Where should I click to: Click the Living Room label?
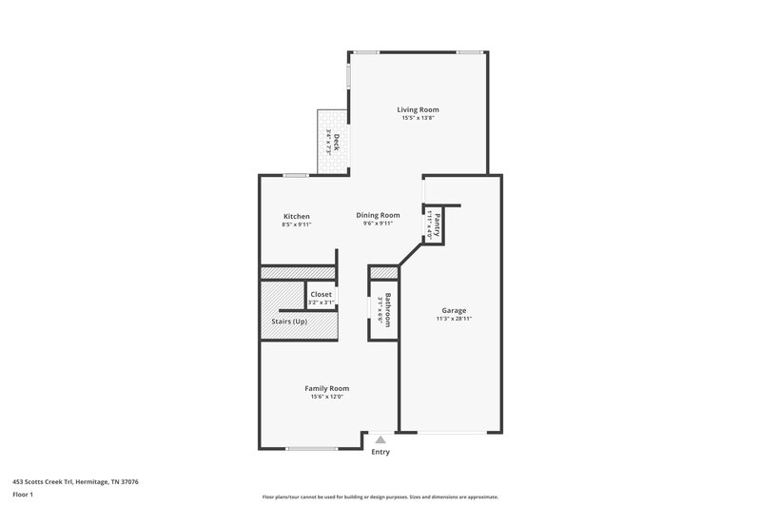pos(418,109)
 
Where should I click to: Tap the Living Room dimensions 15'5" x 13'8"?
pos(418,119)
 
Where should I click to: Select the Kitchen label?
pos(296,216)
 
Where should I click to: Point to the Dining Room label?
pos(378,215)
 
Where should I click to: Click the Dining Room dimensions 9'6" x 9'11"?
pos(378,224)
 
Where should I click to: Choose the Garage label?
pos(453,310)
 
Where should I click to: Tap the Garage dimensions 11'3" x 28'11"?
pos(453,320)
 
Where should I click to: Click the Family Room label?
pos(326,388)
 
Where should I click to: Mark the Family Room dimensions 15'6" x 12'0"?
pos(326,398)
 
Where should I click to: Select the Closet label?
pos(321,294)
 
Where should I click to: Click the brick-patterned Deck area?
pos(333,143)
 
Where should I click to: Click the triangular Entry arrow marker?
pos(380,439)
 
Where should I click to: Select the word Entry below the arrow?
pos(380,452)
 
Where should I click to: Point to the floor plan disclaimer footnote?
pos(380,497)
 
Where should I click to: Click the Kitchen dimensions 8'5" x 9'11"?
pos(296,225)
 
